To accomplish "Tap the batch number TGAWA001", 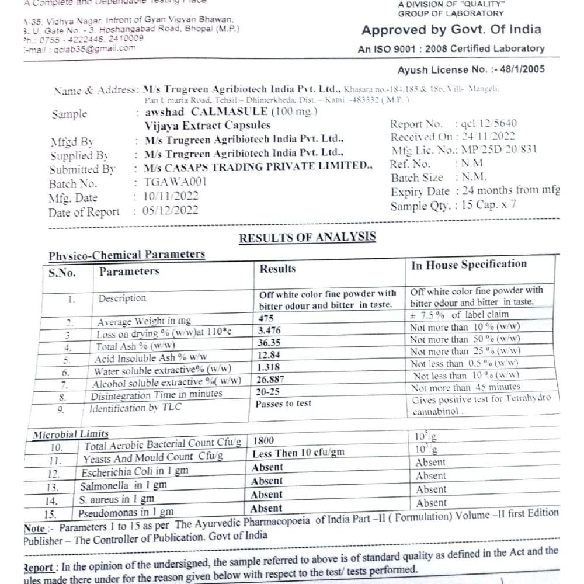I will coord(175,182).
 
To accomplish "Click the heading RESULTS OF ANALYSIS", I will coord(307,237).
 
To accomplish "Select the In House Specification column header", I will coord(468,265).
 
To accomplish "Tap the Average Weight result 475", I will coord(266,319).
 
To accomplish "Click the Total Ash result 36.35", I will coord(269,343).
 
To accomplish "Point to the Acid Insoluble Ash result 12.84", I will coord(269,355).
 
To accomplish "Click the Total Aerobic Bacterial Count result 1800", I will coord(264,440).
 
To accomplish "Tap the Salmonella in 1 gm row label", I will coord(123,485).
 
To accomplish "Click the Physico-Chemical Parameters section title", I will coord(127,255).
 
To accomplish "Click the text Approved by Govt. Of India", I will coord(451,30).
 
